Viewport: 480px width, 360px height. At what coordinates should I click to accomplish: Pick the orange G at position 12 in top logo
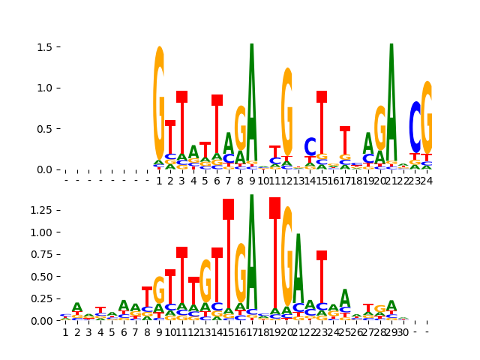click(x=287, y=112)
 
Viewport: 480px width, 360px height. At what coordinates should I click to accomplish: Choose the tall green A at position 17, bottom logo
click(x=252, y=255)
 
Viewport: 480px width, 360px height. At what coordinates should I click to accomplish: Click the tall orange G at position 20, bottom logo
click(x=287, y=255)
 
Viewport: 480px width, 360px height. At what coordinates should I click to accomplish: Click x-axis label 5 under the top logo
click(x=205, y=181)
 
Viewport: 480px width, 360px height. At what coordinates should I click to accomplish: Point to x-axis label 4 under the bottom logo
click(x=100, y=332)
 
